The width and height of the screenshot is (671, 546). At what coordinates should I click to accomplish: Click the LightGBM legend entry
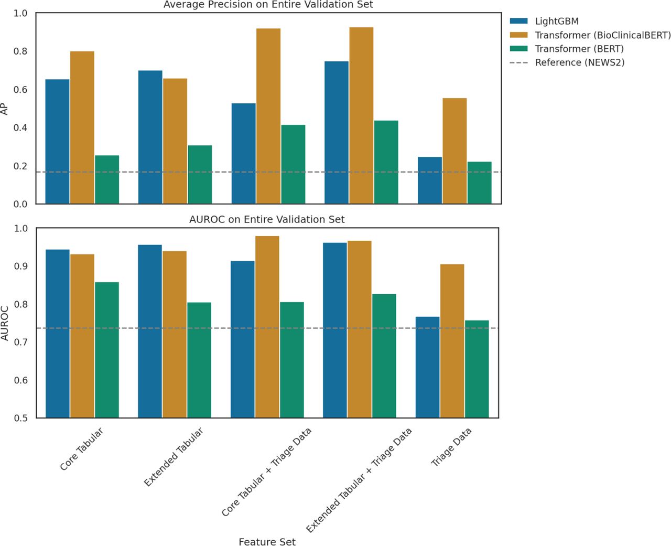[556, 22]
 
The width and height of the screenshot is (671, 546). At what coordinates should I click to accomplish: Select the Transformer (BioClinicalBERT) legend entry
[602, 35]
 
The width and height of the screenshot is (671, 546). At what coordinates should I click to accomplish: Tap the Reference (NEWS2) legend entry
[579, 62]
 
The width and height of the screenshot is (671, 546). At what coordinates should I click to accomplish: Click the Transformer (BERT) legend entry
[579, 49]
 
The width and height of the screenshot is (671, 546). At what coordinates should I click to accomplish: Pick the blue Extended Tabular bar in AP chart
[150, 137]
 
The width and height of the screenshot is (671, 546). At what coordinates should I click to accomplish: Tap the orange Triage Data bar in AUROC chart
[452, 341]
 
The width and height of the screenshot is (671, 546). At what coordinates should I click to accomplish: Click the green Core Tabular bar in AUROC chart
[107, 350]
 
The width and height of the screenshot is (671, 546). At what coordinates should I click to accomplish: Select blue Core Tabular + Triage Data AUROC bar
[242, 339]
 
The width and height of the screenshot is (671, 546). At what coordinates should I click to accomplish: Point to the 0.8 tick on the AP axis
[20, 51]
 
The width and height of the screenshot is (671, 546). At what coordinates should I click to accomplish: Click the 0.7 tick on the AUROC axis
[20, 342]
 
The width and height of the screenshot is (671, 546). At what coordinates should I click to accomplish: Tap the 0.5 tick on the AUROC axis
[20, 418]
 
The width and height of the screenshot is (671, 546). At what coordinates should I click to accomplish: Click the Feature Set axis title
[267, 542]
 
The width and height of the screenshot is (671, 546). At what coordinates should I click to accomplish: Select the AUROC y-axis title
[5, 323]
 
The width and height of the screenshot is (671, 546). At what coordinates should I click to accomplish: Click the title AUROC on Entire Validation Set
[267, 219]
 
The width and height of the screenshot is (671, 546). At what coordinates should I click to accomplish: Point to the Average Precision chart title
[268, 5]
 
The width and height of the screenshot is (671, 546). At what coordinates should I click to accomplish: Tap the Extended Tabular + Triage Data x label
[359, 480]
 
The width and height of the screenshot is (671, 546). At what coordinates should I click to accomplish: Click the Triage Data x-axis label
[451, 447]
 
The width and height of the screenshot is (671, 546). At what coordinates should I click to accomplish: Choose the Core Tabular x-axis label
[81, 449]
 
